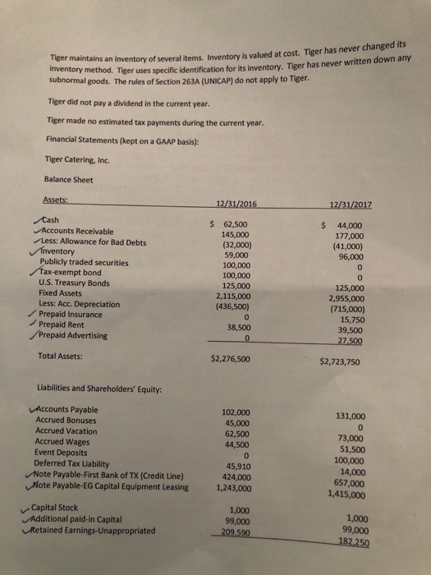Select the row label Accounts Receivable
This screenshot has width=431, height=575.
[80, 232]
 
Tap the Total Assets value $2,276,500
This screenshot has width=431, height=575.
[236, 358]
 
